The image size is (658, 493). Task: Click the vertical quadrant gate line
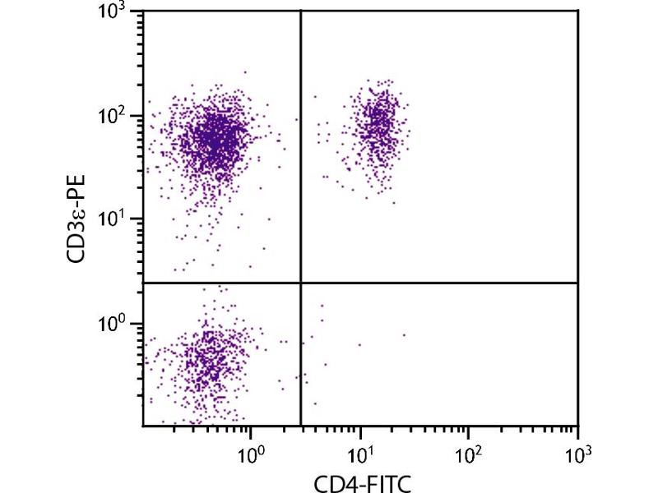point(301,164)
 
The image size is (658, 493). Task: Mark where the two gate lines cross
point(301,283)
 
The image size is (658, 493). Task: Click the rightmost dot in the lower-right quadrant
point(404,334)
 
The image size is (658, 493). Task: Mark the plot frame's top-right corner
point(578,11)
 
